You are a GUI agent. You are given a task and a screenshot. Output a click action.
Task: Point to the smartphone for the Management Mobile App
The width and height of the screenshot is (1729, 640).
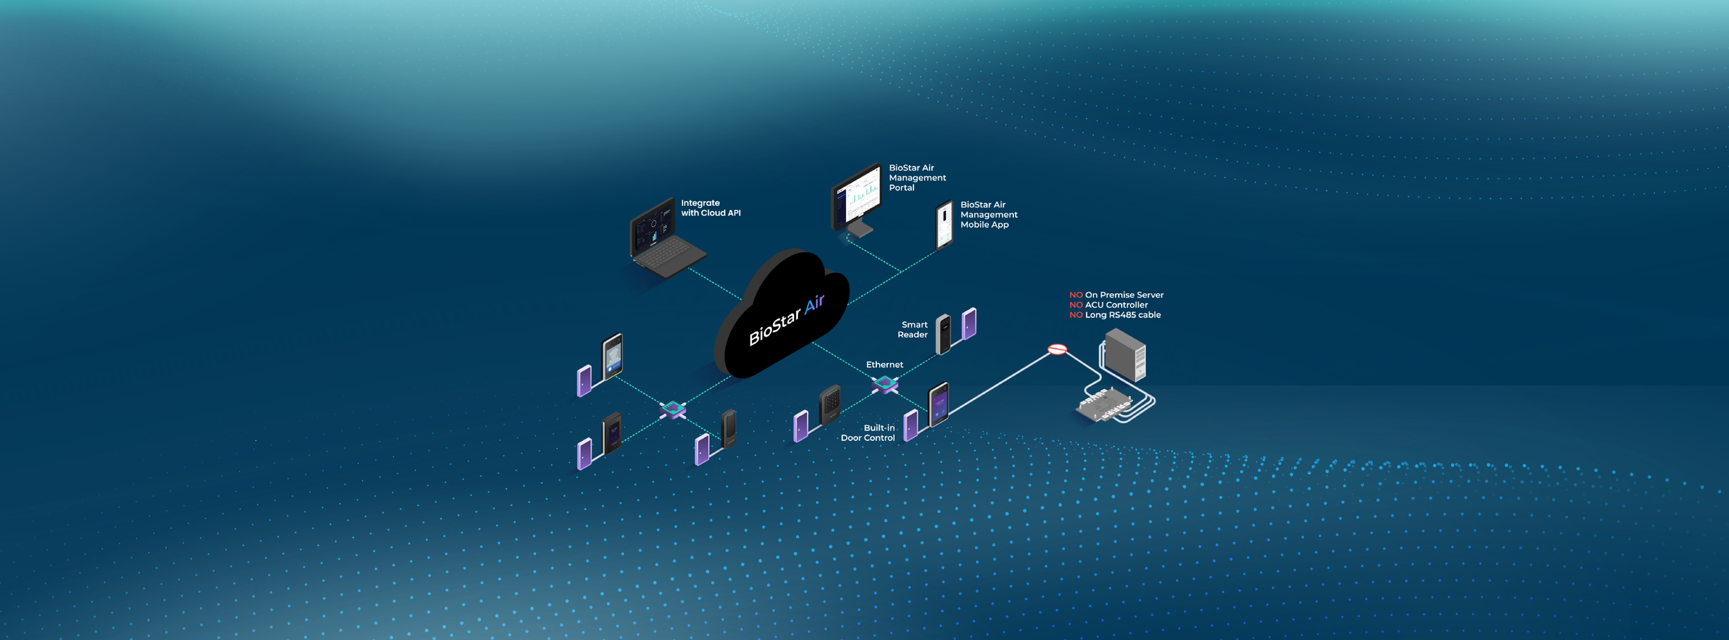pos(944,225)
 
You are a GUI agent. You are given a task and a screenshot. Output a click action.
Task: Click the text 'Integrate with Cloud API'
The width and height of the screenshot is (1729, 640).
pos(710,208)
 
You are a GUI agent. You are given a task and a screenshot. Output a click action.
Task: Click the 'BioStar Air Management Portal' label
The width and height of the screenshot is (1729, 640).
pos(917,178)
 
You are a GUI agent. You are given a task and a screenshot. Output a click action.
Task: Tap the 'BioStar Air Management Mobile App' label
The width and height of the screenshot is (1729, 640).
pos(988,215)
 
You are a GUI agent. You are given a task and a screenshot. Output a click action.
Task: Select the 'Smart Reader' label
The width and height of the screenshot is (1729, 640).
pos(913,330)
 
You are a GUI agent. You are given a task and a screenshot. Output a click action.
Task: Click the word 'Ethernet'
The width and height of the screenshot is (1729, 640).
pos(885,365)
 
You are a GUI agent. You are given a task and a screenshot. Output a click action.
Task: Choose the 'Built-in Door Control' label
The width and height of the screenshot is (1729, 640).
pos(868,433)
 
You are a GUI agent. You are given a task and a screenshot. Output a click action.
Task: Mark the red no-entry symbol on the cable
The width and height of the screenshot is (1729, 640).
pos(1057,350)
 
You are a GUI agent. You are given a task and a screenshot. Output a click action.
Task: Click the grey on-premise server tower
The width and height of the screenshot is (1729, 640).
pos(1125,354)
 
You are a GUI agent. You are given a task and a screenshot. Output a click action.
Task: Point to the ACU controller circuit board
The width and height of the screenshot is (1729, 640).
pos(1105,405)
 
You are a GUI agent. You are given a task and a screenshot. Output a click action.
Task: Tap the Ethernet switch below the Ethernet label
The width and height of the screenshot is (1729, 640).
pos(885,384)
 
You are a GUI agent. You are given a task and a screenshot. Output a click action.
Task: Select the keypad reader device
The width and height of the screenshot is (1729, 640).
pos(830,404)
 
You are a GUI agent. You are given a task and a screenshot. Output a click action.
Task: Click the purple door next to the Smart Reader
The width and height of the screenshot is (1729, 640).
pos(970,323)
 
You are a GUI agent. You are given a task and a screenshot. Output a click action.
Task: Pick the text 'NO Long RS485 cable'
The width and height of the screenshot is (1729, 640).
pos(1115,315)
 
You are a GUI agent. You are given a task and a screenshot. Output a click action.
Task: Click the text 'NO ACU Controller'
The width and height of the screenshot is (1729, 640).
pos(1109,305)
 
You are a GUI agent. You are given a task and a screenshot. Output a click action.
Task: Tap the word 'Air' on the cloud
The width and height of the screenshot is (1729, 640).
pos(814,304)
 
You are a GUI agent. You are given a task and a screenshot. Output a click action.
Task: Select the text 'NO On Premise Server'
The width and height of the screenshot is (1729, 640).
pos(1116,295)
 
